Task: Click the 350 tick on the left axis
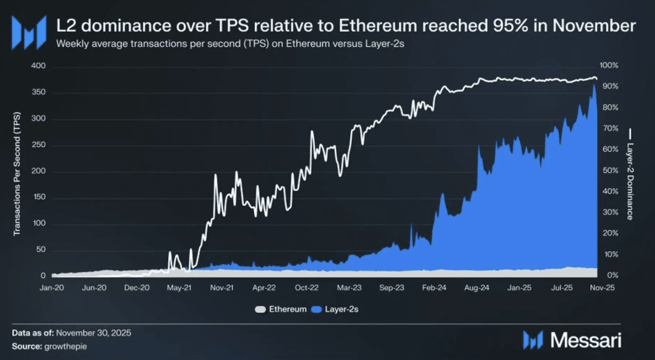coord(38,92)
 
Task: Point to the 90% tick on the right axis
coord(610,86)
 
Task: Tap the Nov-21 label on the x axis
coord(222,288)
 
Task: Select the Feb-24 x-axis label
coord(434,288)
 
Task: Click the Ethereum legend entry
coord(287,309)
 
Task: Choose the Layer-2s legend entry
coord(341,309)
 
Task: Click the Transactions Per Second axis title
coord(17,174)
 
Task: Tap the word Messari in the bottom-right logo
coord(585,340)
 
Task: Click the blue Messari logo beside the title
coord(29,32)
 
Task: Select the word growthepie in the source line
coord(65,347)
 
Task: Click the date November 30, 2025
coord(94,333)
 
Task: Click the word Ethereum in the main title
coord(378,26)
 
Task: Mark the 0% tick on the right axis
coord(612,275)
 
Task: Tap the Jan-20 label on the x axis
coord(52,288)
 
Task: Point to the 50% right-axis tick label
coord(610,170)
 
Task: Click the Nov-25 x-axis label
coord(602,288)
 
